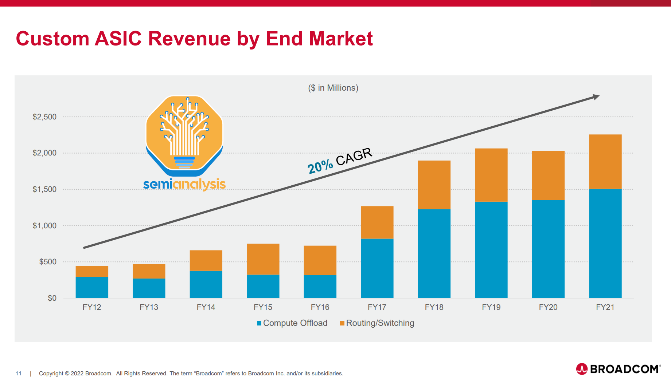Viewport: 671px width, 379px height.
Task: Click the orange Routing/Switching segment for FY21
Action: coord(605,161)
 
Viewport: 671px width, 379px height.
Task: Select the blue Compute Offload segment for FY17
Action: coord(377,268)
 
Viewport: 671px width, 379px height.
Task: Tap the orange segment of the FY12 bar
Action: coord(92,271)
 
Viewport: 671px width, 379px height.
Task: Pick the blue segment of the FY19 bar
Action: coord(491,249)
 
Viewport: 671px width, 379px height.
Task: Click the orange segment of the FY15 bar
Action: coord(263,259)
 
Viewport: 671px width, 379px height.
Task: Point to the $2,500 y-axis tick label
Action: coord(44,117)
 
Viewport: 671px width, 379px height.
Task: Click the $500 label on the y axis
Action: coord(48,262)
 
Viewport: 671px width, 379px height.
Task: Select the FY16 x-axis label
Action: coord(320,307)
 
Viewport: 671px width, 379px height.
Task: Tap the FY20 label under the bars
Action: coord(548,307)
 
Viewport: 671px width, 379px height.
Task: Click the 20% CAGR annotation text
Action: coord(340,161)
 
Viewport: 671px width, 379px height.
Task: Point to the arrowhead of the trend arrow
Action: coord(596,97)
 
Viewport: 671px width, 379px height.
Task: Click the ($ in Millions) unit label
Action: coord(333,88)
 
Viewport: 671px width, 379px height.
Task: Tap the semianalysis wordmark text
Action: coord(184,184)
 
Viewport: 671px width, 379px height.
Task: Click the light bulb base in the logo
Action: coord(184,162)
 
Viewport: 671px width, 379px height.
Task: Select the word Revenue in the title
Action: coord(189,39)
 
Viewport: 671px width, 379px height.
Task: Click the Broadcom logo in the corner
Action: coord(619,369)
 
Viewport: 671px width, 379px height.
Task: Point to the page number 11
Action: coord(19,374)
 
